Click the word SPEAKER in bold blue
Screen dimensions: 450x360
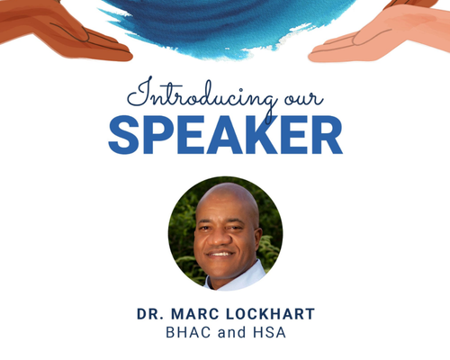coord(225,135)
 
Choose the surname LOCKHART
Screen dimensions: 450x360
coord(270,314)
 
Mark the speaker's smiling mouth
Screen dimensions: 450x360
coord(220,254)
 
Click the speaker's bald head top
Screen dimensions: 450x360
coord(227,195)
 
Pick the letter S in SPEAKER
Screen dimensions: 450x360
coord(124,135)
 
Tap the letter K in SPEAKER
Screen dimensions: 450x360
coord(259,135)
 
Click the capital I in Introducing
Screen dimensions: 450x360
coord(141,92)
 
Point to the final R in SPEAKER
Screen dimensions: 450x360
coord(327,135)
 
